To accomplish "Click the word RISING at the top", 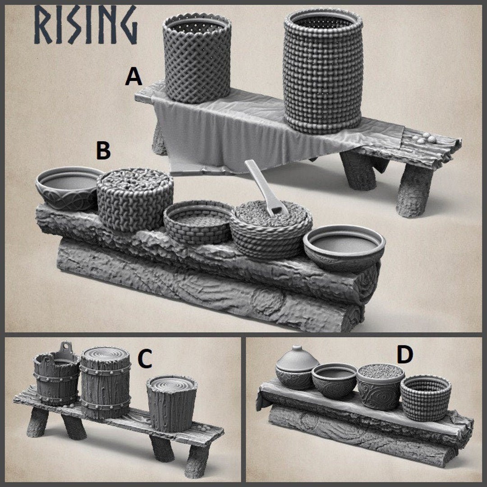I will pos(84,25).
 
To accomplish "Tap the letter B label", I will pos(103,151).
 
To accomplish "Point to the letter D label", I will pos(404,355).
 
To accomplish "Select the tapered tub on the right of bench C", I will pos(172,402).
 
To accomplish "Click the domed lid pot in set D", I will pos(297,368).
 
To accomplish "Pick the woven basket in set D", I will pos(425,397).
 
